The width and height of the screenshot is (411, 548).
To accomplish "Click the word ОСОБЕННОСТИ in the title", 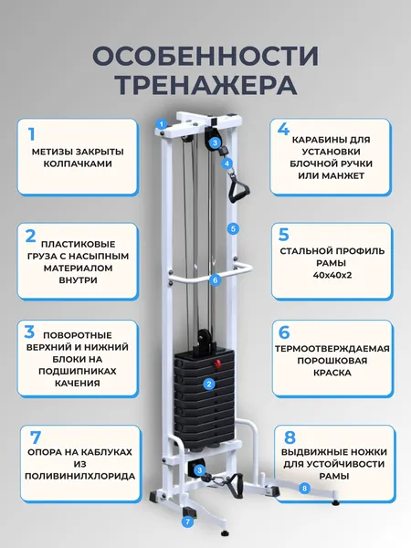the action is coord(205,56).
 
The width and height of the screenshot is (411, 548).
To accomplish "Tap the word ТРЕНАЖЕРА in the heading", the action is coord(206,84).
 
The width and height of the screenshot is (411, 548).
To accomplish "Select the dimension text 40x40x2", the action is coord(332,275).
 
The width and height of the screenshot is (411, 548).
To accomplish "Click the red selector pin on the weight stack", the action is coord(217,364).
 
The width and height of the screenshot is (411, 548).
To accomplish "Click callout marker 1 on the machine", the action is coord(162,123).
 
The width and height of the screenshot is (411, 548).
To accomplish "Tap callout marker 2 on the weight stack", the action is coord(209,385).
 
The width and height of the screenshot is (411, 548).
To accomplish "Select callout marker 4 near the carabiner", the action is coord(227,163).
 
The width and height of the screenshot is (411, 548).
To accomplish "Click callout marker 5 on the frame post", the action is coord(233,229).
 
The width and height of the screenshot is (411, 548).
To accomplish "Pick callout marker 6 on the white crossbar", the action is coord(216,280).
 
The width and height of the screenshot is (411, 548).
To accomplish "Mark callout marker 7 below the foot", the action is coord(187,522).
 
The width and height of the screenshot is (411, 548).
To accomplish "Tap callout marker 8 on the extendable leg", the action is coord(305,489).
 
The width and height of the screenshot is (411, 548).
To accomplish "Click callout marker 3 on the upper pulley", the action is coord(215,142).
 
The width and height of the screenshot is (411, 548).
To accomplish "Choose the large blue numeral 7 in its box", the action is coord(36,437).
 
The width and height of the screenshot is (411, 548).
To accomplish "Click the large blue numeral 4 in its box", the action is coord(283,129).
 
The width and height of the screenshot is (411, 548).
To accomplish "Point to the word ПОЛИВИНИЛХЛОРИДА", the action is coord(80,476).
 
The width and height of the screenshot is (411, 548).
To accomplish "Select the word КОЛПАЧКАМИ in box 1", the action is coord(78,163).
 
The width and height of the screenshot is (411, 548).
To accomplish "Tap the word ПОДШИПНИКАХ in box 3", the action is coord(78,371).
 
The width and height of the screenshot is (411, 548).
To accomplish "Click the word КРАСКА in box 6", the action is coord(332,373).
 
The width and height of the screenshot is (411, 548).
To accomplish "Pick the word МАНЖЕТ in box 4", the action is coord(331,175).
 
